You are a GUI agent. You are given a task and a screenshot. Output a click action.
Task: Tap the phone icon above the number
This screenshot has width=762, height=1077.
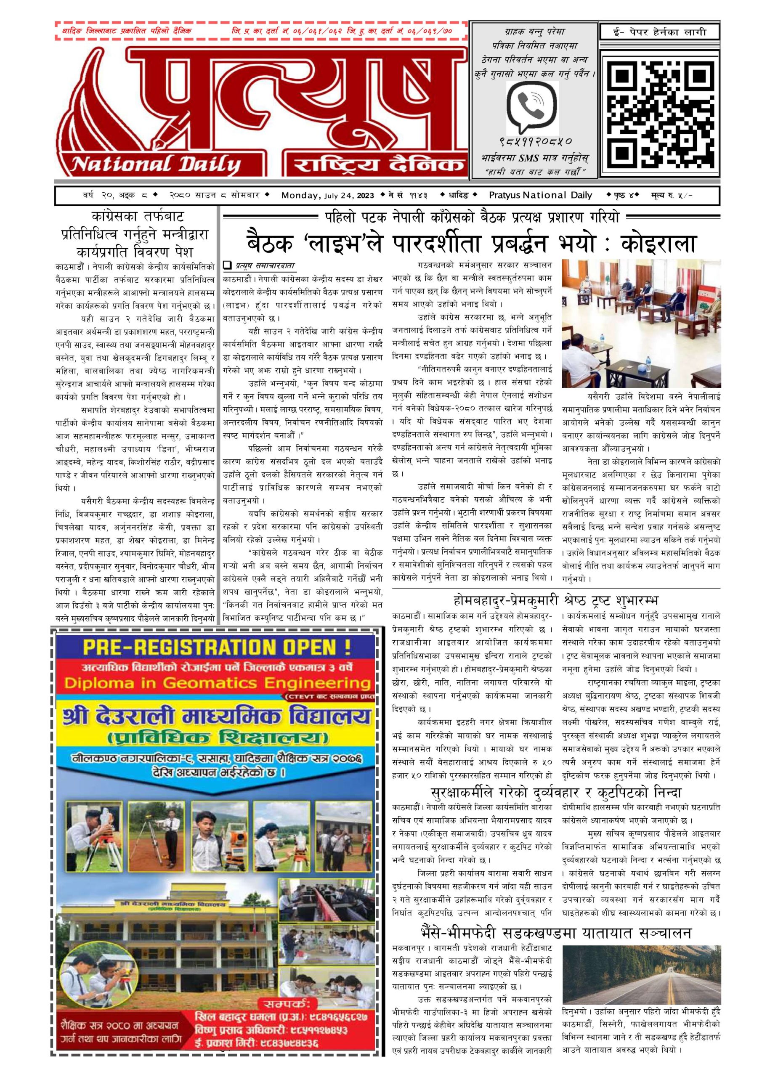click(x=533, y=109)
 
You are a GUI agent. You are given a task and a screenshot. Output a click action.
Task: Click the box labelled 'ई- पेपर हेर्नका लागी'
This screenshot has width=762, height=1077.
click(x=653, y=32)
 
